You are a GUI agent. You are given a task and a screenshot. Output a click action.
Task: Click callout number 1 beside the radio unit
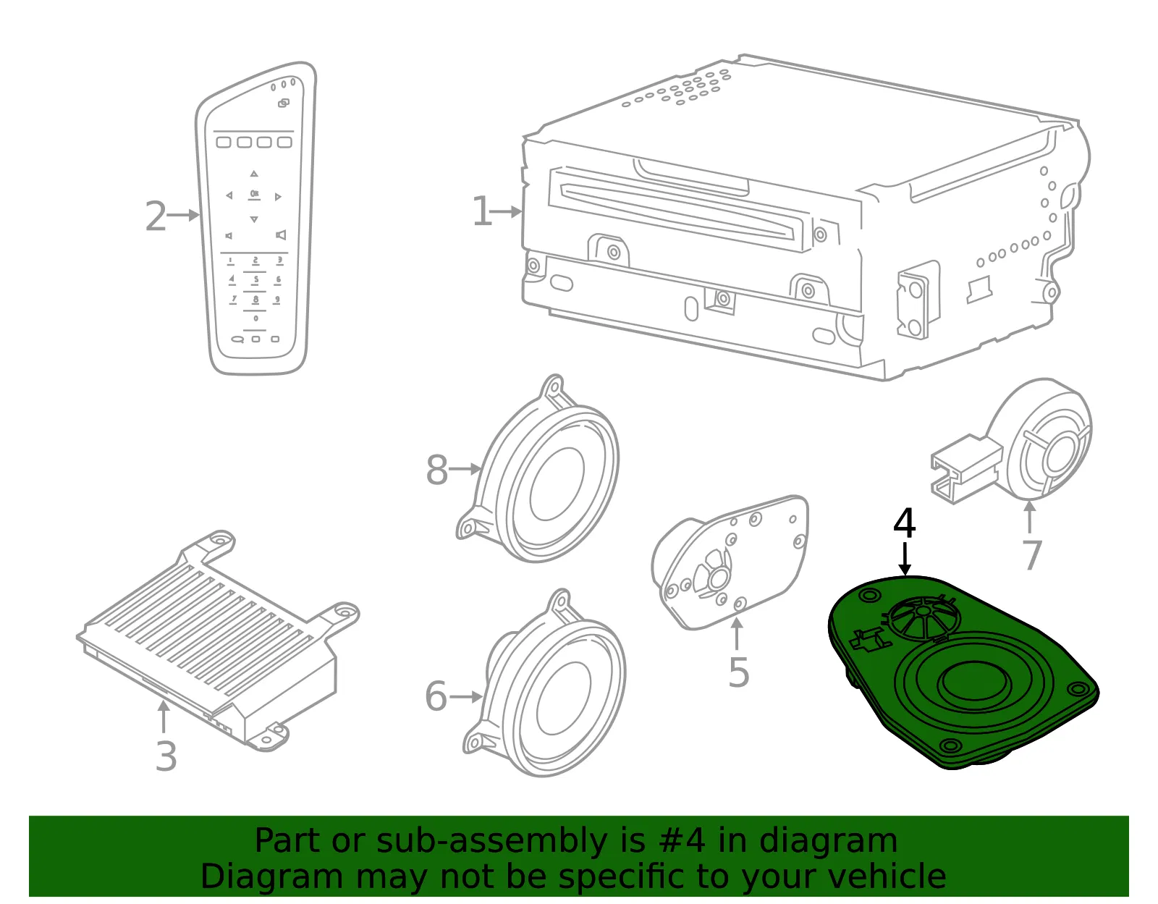coord(481,211)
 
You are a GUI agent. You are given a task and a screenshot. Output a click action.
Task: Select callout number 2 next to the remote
coord(156,216)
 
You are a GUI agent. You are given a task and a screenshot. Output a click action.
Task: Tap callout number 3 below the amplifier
coord(166,756)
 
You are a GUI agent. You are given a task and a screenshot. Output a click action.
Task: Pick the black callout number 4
coord(905,523)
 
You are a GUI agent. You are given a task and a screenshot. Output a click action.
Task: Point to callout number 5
coord(739,673)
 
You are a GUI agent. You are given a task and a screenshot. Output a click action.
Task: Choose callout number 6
coord(436,696)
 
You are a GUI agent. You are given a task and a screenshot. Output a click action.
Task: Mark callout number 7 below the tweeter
coord(1031,555)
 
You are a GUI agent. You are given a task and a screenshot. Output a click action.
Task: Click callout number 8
coord(437,470)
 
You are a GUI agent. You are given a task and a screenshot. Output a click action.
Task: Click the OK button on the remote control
coord(254,195)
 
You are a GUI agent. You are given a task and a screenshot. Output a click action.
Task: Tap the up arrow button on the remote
coord(254,174)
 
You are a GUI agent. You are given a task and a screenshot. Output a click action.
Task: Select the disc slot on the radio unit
coord(676,211)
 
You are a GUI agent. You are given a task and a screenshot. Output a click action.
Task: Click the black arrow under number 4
coord(905,559)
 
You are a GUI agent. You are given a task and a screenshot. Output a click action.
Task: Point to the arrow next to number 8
coord(465,469)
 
